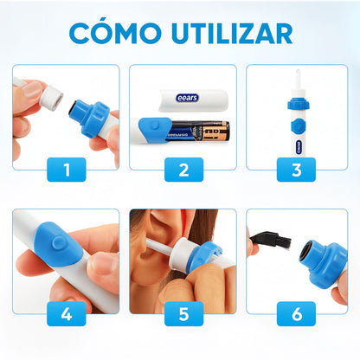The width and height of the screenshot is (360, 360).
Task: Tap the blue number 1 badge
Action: point(66,169)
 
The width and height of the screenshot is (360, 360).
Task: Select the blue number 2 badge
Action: point(183,169)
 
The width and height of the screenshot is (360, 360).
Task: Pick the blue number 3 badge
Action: point(297,169)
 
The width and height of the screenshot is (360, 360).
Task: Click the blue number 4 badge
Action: point(66,313)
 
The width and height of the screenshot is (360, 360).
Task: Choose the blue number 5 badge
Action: point(183,313)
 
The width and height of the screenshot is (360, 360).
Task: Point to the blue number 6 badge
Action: point(297,313)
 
